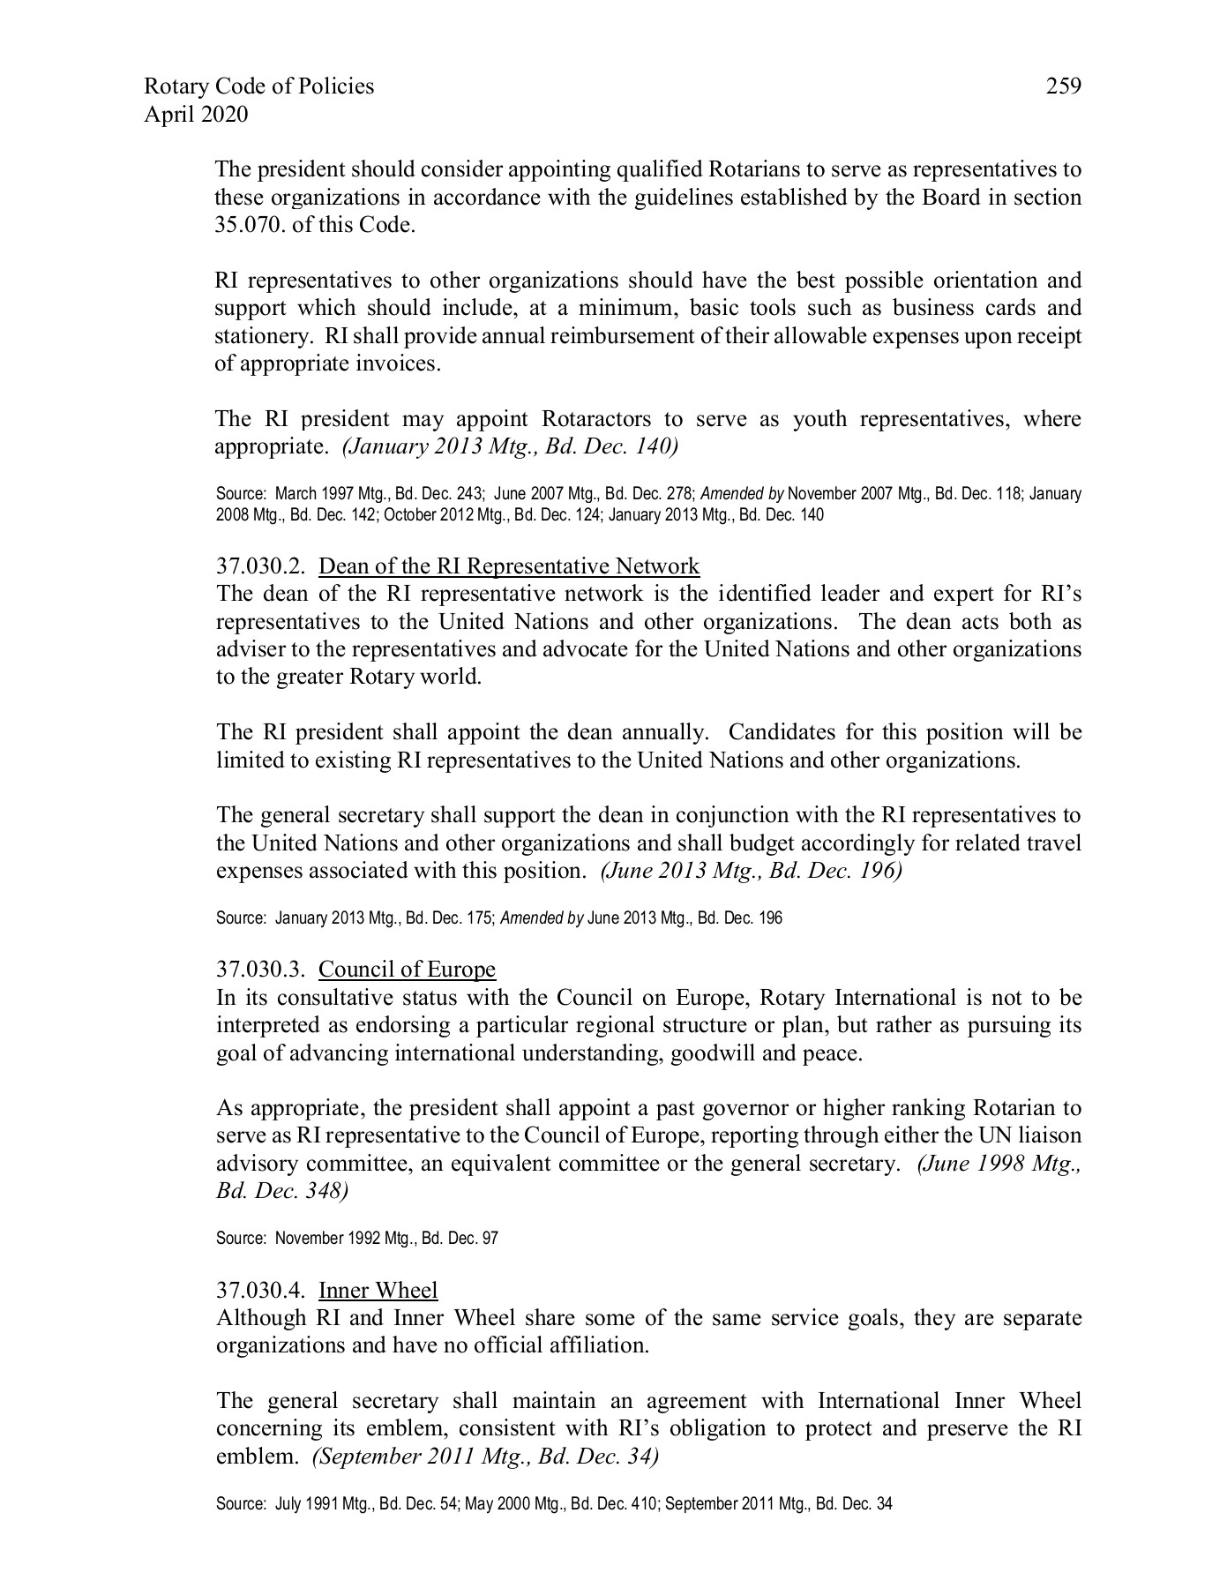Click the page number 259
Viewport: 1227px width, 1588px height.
click(1063, 86)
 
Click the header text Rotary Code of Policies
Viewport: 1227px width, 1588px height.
click(258, 86)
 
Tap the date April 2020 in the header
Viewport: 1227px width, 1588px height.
click(196, 115)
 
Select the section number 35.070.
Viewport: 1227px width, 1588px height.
click(247, 225)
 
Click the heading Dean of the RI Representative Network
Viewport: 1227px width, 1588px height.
click(509, 566)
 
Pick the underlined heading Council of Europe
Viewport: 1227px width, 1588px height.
click(407, 970)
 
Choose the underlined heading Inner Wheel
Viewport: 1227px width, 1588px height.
click(378, 1291)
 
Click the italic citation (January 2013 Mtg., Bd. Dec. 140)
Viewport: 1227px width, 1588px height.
click(510, 446)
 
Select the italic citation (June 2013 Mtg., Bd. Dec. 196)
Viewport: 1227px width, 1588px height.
click(751, 871)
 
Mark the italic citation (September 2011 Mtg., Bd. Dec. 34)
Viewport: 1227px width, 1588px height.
click(485, 1457)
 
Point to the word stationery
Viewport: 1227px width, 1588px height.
click(263, 336)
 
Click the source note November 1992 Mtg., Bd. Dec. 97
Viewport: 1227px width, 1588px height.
click(386, 1239)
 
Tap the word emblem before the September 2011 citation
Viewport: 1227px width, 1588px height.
click(251, 1457)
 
